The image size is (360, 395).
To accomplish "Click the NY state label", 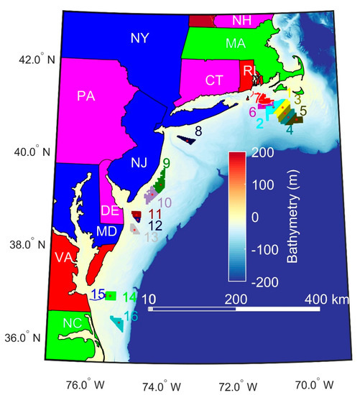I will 140,39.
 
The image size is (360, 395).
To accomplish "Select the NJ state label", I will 139,162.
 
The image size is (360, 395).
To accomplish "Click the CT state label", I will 214,80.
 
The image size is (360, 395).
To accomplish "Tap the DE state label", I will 109,211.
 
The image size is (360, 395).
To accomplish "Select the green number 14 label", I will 130,297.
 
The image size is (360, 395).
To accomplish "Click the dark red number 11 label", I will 154,214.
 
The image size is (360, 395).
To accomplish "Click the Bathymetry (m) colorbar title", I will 294,215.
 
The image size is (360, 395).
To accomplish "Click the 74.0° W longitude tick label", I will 163,383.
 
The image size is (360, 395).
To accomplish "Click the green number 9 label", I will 166,164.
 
